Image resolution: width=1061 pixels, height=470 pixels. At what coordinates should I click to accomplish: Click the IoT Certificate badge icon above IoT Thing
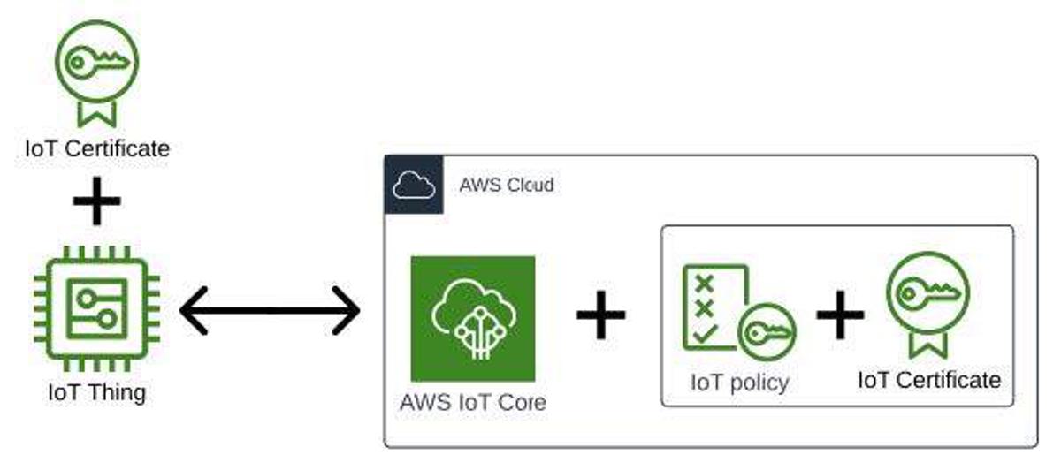click(96, 71)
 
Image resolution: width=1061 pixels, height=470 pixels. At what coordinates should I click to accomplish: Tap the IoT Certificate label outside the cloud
click(97, 148)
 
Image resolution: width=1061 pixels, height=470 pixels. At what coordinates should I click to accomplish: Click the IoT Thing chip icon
click(96, 307)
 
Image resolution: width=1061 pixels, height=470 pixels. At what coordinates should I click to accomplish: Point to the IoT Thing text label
click(96, 390)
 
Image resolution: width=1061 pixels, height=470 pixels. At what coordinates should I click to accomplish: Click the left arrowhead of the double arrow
click(195, 310)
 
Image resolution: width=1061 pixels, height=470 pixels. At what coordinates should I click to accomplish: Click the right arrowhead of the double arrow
click(346, 310)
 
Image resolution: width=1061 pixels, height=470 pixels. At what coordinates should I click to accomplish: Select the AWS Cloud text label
click(506, 185)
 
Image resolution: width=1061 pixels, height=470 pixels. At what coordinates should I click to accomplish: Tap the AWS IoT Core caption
click(473, 402)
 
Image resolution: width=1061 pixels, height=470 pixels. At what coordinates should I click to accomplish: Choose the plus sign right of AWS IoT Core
click(601, 313)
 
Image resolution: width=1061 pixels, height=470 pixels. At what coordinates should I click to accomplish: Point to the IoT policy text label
click(739, 383)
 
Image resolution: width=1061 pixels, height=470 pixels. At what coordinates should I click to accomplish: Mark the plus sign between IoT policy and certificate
click(840, 313)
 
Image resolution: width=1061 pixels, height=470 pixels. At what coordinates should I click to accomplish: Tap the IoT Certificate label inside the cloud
click(929, 380)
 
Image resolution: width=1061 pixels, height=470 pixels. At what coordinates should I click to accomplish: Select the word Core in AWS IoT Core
click(517, 402)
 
